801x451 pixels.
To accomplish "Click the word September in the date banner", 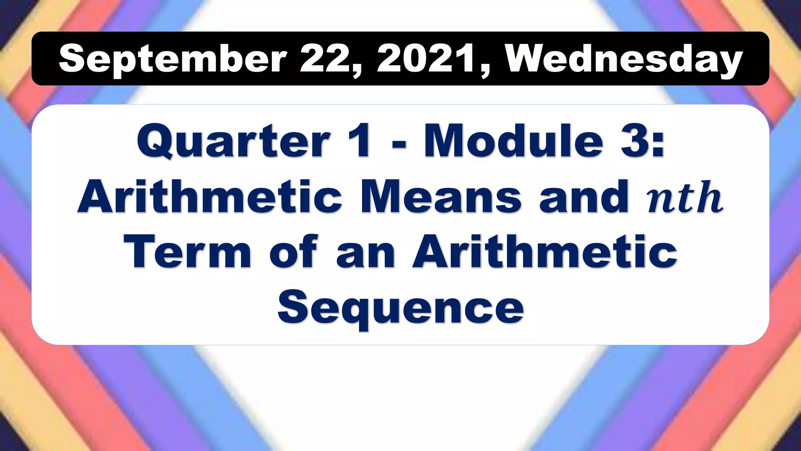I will point(172,59).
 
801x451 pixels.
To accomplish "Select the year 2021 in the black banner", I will point(426,59).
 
